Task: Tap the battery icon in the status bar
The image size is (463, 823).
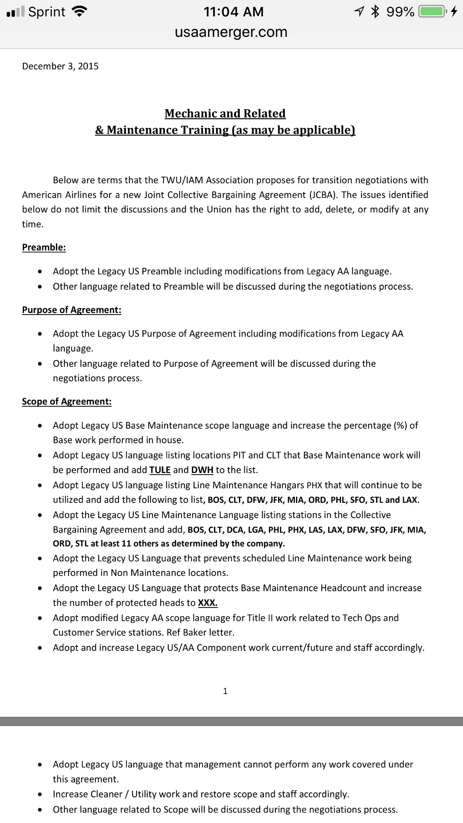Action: [x=432, y=12]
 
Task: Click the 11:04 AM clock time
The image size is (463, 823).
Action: [x=233, y=12]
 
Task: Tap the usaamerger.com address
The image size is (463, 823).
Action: [x=231, y=32]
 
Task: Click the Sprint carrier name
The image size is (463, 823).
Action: [x=47, y=12]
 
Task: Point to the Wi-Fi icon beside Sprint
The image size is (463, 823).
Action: [x=79, y=12]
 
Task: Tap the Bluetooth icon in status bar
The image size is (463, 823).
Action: [x=375, y=12]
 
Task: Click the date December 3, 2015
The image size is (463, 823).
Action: [x=60, y=66]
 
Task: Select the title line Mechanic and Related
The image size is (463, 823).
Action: [x=225, y=113]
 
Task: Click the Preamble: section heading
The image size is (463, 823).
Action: [x=44, y=247]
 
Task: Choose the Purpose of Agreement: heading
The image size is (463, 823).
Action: [x=72, y=310]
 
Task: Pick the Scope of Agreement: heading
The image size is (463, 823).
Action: [x=67, y=401]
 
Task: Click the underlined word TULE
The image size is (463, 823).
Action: [x=160, y=470]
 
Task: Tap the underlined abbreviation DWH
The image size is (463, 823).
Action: [x=202, y=470]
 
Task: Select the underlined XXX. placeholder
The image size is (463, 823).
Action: [x=208, y=603]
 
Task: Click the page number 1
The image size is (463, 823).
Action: [x=225, y=691]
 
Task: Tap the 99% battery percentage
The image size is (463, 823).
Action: [x=400, y=12]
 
